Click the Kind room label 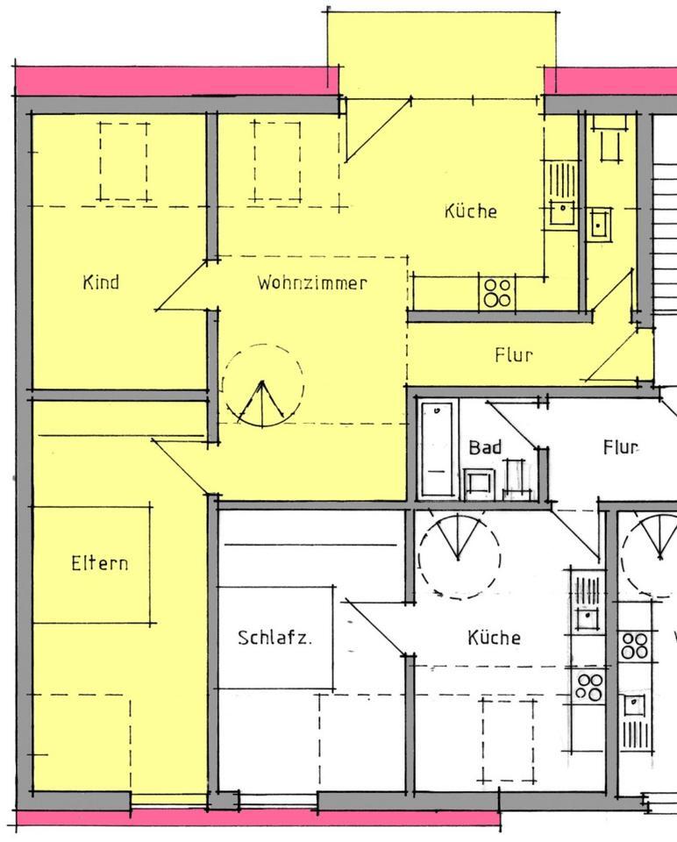pos(101,282)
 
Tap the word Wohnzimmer pos(311,283)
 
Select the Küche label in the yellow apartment pos(471,211)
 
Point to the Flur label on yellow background pos(514,355)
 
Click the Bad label pos(485,447)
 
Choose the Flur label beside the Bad pos(620,447)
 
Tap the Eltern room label pos(99,562)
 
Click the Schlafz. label pos(274,638)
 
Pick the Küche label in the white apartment pos(494,638)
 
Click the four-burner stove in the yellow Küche pos(497,292)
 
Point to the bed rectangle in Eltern pos(91,564)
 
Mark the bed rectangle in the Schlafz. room pos(275,638)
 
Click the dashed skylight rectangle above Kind pos(123,161)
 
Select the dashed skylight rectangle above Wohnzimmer pos(277,161)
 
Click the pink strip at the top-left pos(175,81)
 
